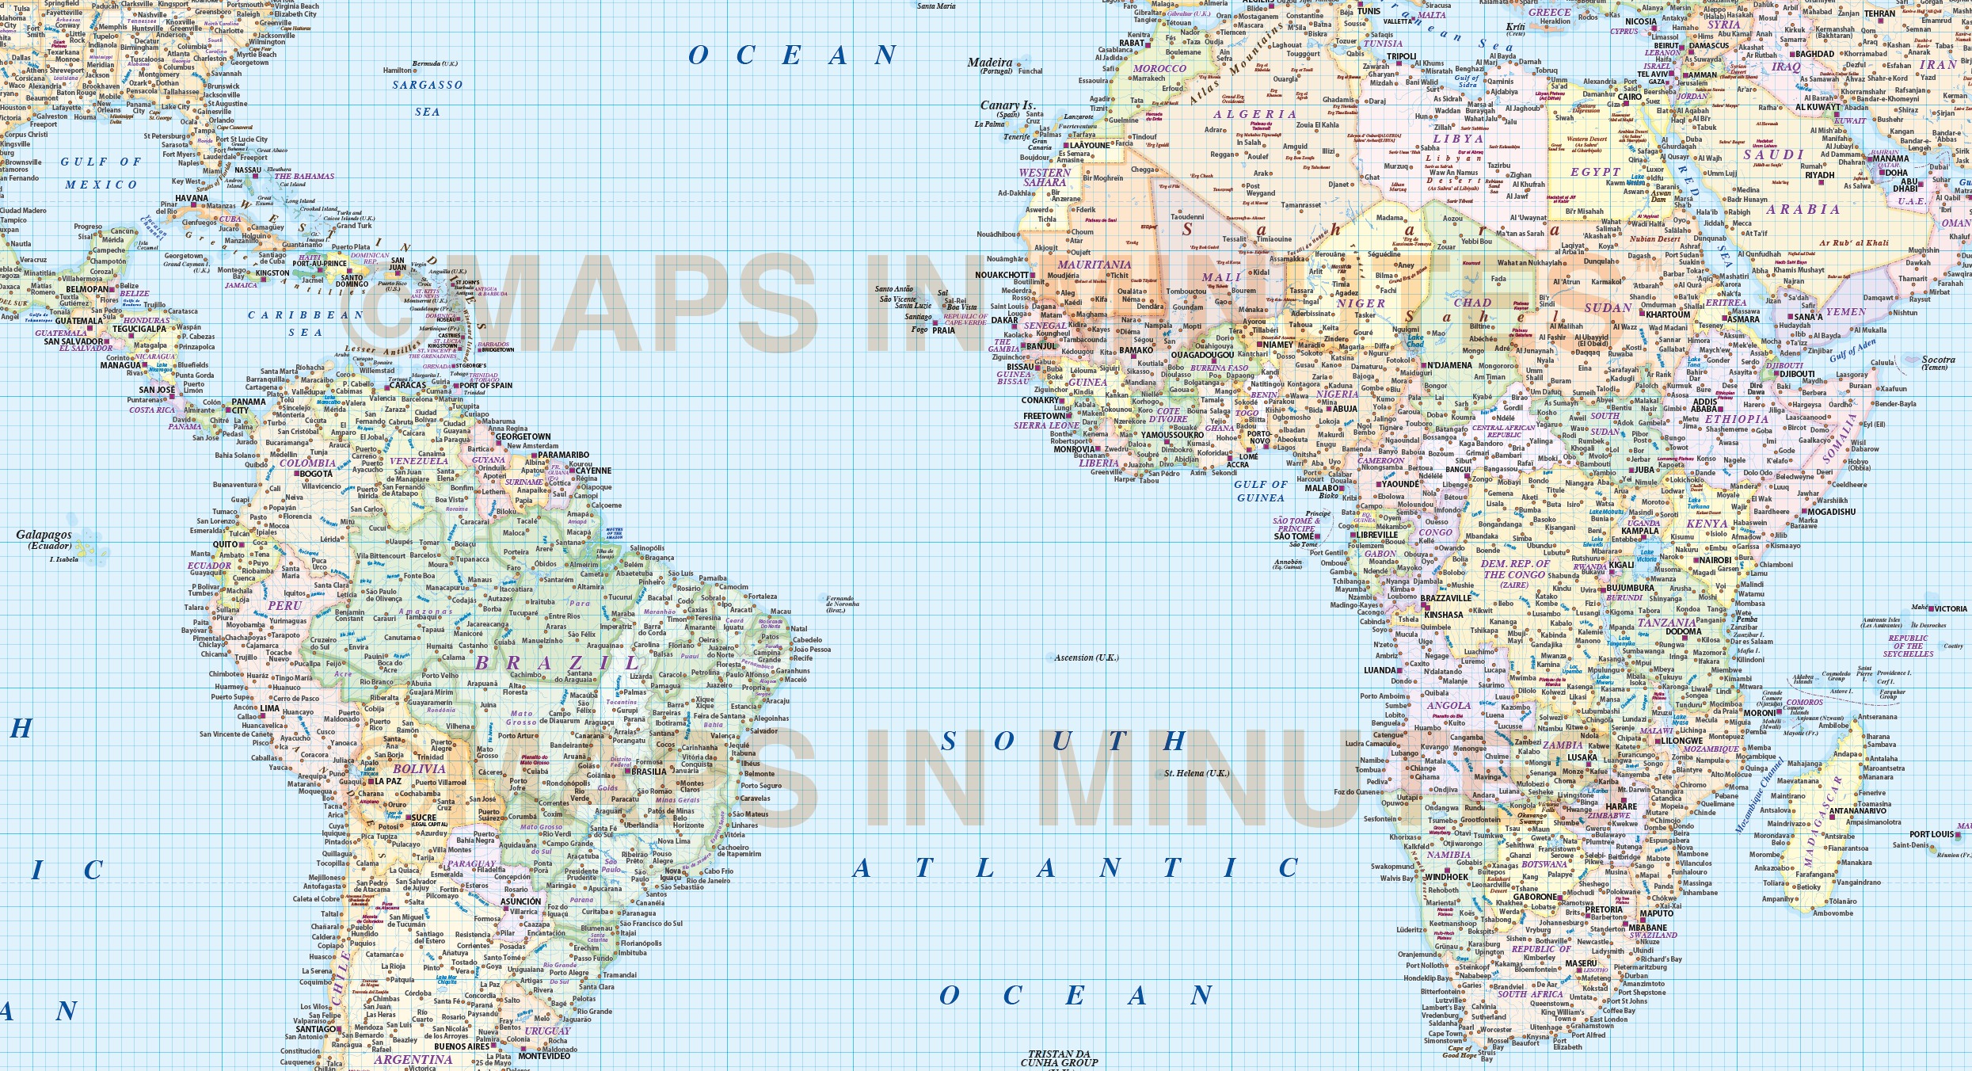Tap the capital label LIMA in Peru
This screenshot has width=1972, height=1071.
click(270, 708)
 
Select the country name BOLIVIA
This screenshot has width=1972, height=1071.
click(419, 768)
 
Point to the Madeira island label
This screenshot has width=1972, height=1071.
click(990, 63)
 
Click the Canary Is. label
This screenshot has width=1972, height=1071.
click(1007, 105)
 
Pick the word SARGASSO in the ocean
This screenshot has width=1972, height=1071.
click(427, 85)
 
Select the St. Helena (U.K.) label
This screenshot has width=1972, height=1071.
click(1196, 773)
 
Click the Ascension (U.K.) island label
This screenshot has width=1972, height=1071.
click(1086, 657)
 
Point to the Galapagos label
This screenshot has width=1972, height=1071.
click(44, 535)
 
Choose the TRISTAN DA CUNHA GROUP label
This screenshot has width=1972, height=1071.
click(1059, 1058)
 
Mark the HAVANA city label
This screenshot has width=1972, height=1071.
click(191, 198)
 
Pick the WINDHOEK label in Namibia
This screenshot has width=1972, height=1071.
click(1446, 877)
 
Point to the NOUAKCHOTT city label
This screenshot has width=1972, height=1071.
click(1002, 275)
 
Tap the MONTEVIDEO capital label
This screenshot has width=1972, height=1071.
click(544, 1056)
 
